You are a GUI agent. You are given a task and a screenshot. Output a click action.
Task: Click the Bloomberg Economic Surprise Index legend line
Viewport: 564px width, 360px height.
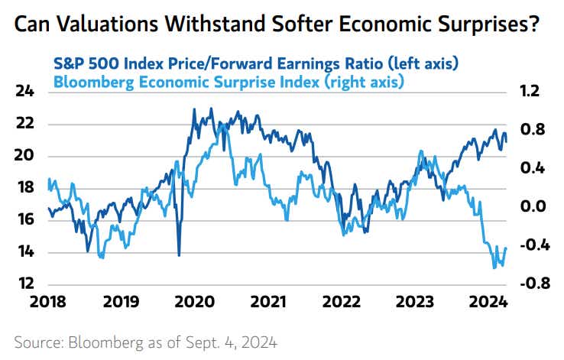click(x=229, y=79)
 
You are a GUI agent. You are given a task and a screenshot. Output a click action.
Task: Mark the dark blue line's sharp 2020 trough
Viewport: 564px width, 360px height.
click(x=179, y=255)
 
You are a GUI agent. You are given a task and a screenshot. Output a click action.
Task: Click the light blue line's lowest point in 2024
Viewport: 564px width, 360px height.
click(x=494, y=268)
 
